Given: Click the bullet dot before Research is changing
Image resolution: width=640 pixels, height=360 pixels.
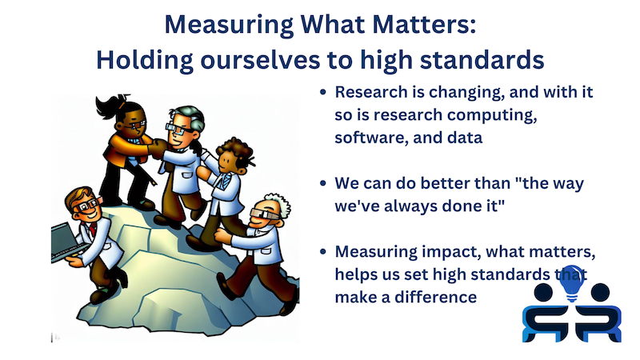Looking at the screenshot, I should tap(322, 93).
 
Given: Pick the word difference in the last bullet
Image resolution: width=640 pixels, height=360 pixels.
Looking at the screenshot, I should tap(435, 297).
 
